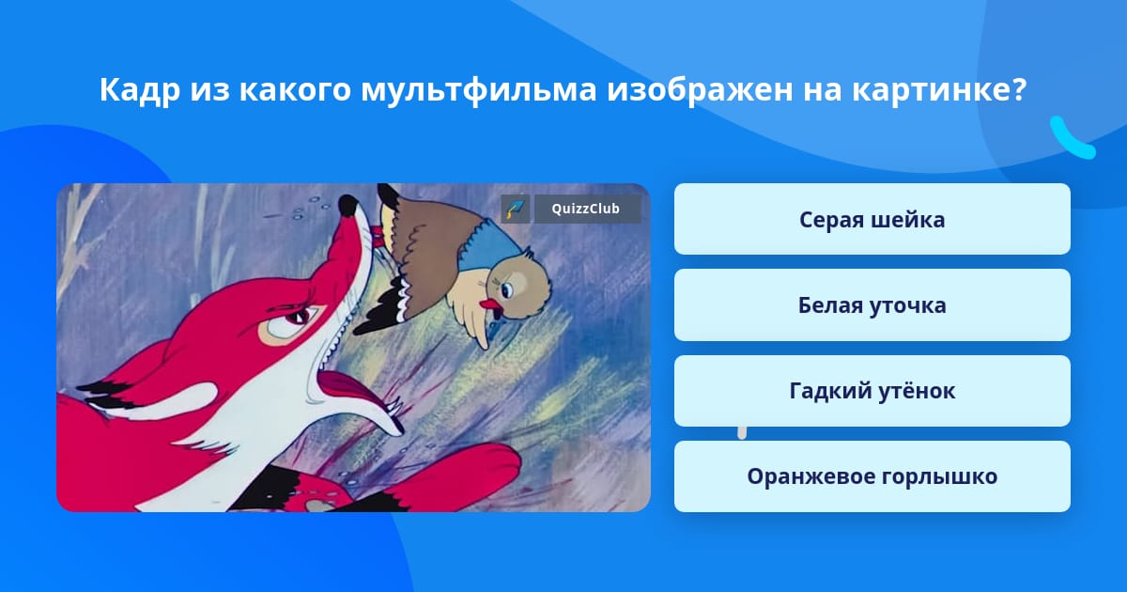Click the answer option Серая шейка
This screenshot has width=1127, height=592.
coord(872,219)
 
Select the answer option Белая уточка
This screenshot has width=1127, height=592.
coord(872,305)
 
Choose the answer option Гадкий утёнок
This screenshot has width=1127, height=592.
coord(872,391)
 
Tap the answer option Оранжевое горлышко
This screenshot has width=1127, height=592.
coord(872,476)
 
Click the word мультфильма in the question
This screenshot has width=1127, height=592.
coord(478,90)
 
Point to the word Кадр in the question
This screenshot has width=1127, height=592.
coord(139,90)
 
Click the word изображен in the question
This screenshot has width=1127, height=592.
coord(700,90)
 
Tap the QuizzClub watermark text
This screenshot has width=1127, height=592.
coord(585,209)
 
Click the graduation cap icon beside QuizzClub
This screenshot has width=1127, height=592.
coord(516,209)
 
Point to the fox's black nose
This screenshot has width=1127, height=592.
coord(347,206)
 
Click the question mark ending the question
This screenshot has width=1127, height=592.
coord(1019,89)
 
